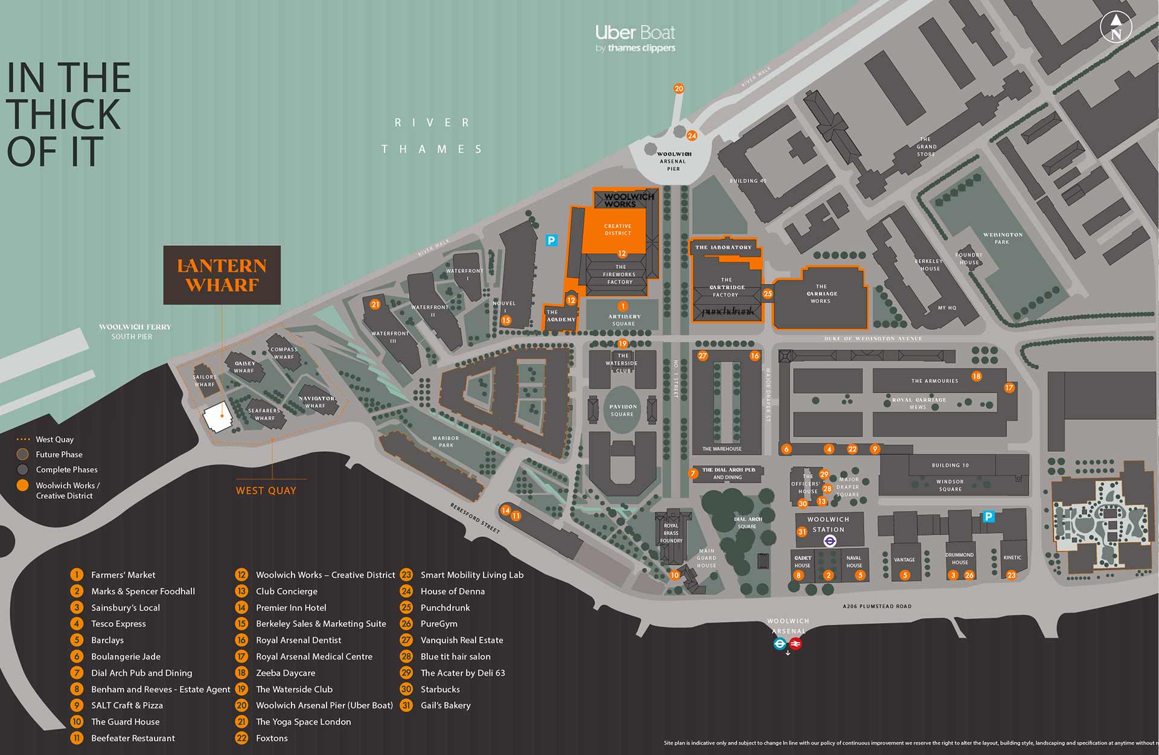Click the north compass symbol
(1116, 28)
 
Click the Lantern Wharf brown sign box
(222, 275)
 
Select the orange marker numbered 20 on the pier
(678, 89)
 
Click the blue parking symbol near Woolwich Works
(551, 240)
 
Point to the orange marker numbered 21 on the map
(375, 304)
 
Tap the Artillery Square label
(624, 320)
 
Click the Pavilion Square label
(622, 410)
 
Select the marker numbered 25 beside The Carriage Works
(767, 294)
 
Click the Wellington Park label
(1002, 238)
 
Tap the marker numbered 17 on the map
(1009, 388)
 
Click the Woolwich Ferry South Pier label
(135, 331)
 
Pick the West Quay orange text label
(266, 490)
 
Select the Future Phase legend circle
(23, 454)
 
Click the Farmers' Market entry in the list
(123, 575)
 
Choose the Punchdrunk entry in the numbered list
(445, 608)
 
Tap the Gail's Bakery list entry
(445, 705)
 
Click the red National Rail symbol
(796, 644)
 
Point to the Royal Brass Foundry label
(671, 533)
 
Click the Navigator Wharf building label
(316, 402)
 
